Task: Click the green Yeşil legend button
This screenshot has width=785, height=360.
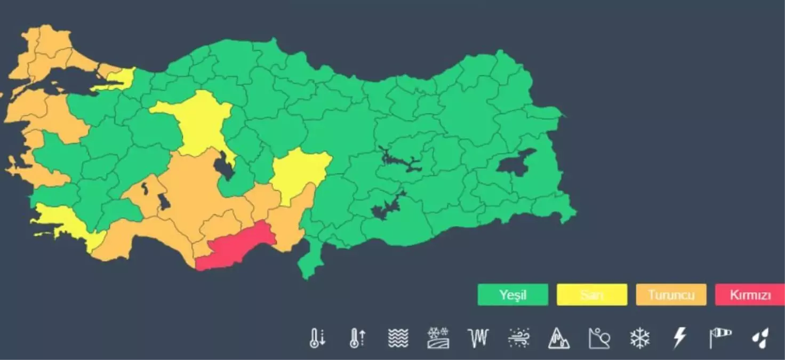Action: (x=512, y=295)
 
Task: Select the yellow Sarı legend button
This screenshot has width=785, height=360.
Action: (x=591, y=295)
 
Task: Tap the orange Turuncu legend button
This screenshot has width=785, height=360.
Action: (x=671, y=295)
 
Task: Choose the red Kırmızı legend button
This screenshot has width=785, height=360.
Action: (x=750, y=295)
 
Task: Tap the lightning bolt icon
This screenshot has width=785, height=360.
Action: (x=679, y=338)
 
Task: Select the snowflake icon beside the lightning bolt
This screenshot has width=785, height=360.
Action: (x=640, y=338)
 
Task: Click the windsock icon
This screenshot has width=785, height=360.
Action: (x=720, y=338)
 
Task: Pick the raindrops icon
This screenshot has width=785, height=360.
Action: (x=760, y=338)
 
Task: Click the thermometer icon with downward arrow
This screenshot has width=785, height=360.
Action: (x=317, y=338)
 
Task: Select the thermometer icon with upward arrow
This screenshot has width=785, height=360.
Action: (x=357, y=338)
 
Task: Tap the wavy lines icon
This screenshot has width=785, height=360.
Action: (x=398, y=338)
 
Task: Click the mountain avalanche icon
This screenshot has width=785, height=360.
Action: (x=559, y=338)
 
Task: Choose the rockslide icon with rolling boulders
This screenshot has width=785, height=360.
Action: (x=599, y=338)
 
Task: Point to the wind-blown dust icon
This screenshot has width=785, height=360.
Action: (x=518, y=338)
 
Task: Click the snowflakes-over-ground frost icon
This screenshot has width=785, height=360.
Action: (x=438, y=338)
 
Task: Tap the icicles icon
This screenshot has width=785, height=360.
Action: (x=478, y=338)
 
